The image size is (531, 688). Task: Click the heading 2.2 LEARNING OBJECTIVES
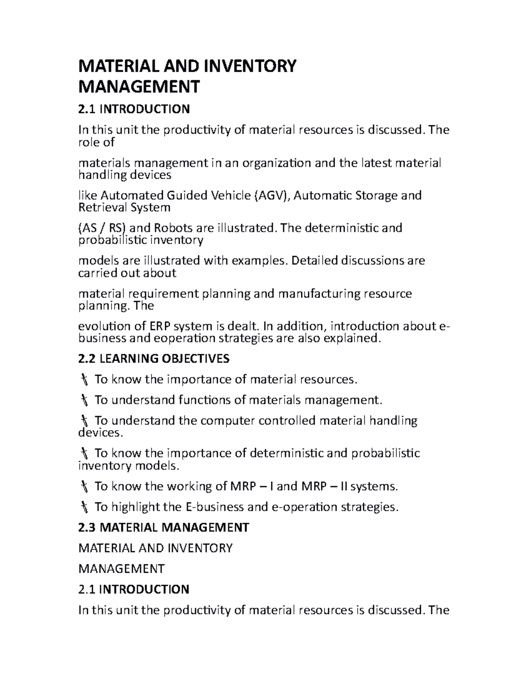[x=154, y=358]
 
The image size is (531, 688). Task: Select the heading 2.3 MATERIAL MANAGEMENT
[x=164, y=528]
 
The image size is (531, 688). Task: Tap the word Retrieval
[x=100, y=207]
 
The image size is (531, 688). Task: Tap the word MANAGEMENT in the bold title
[x=139, y=87]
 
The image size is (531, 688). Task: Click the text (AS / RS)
[x=102, y=228]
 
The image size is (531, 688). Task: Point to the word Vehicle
[x=230, y=195]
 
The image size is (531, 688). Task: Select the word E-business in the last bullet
[x=215, y=507]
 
